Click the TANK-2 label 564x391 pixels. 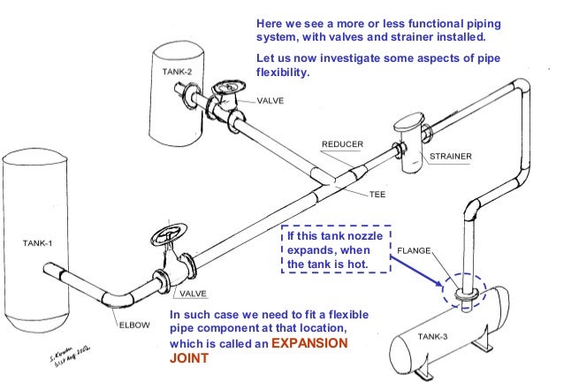pyautogui.click(x=177, y=72)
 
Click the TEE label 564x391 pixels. pyautogui.click(x=377, y=194)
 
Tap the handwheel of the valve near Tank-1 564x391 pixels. pyautogui.click(x=165, y=237)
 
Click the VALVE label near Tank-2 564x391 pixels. pyautogui.click(x=271, y=102)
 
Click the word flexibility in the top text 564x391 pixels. pyautogui.click(x=282, y=73)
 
